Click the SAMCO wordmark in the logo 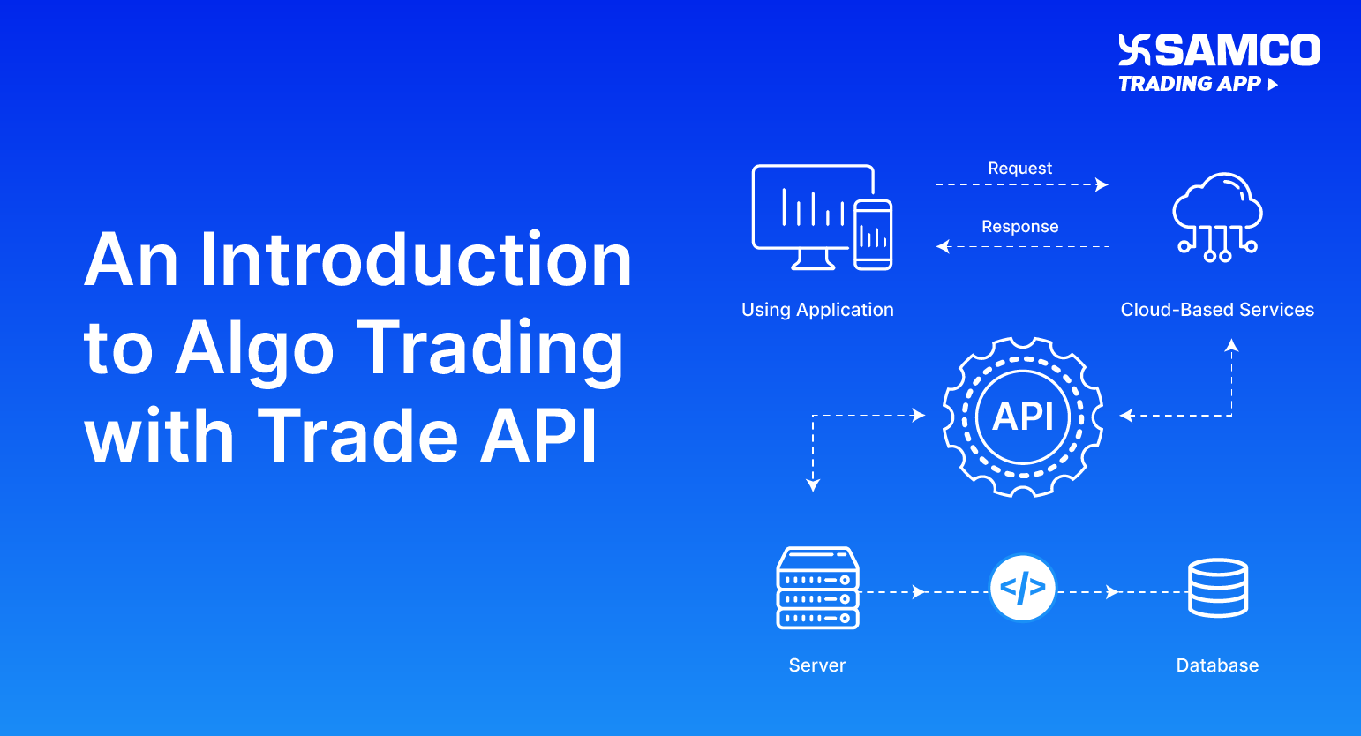[1237, 50]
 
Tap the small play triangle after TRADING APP [1273, 85]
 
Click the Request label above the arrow [1019, 169]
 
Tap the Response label [1019, 227]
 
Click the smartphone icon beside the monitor [873, 235]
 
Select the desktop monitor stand [813, 259]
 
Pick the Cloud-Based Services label [1217, 310]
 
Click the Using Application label [817, 310]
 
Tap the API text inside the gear [1023, 416]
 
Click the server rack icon [817, 589]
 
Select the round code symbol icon [1023, 588]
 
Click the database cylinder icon [1217, 588]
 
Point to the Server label [817, 665]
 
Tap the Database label [1217, 665]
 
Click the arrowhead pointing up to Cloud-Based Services [1231, 346]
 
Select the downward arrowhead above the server [813, 484]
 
